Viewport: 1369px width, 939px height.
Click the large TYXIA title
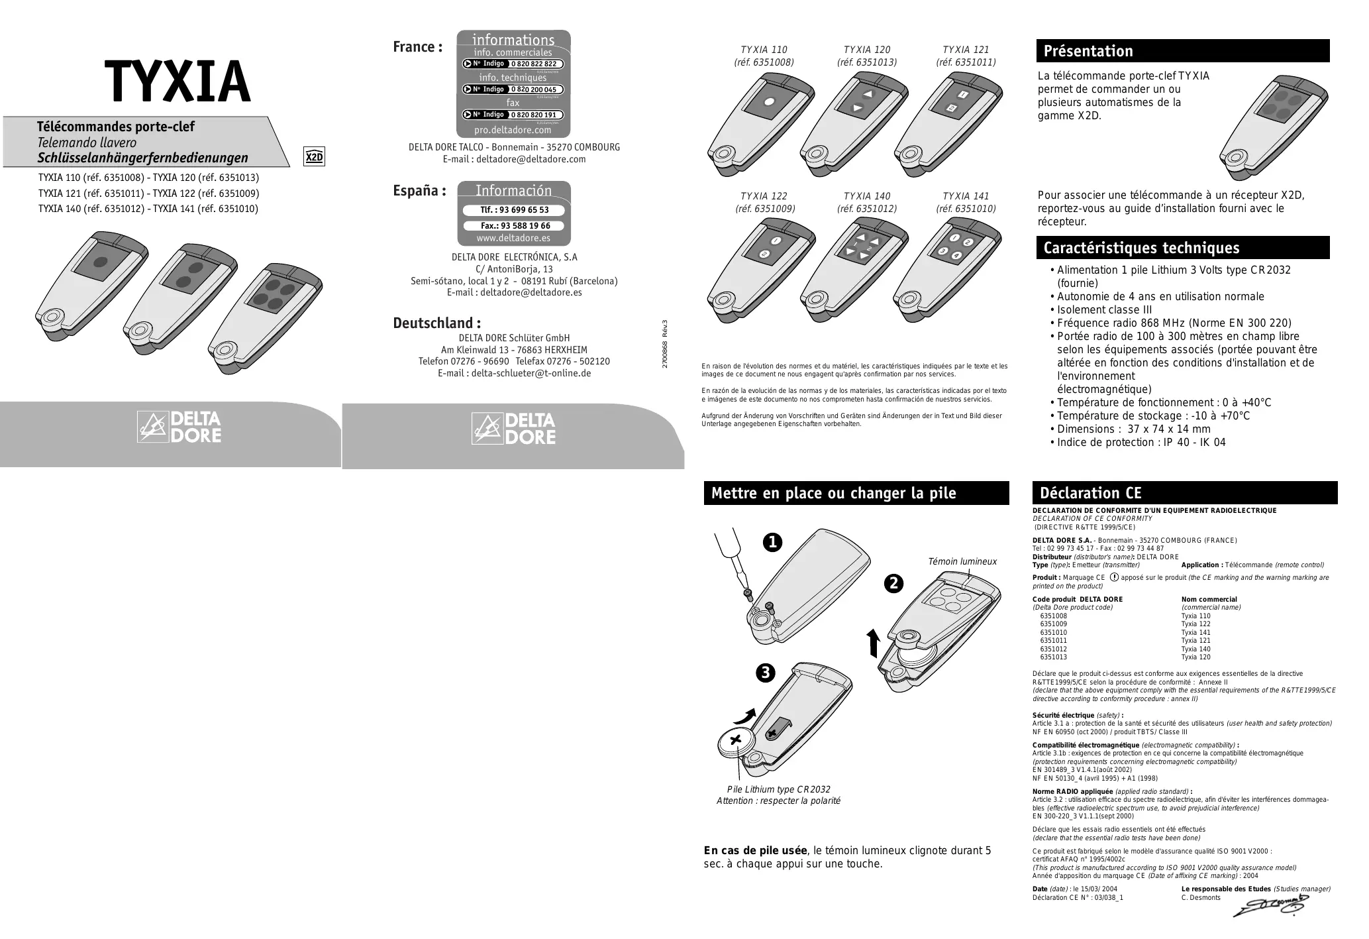coord(177,83)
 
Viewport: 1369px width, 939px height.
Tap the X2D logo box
coord(314,157)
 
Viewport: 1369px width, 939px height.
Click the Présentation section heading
coord(1088,51)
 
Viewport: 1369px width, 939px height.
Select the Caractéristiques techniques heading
coord(1141,248)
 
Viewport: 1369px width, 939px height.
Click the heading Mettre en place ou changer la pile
coord(833,493)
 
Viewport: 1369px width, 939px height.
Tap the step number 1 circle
coord(772,543)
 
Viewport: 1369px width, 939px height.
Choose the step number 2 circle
coord(893,583)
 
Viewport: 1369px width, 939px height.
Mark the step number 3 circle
coord(765,673)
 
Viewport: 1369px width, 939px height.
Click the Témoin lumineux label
coord(962,561)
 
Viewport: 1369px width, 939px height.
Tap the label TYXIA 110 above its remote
coord(764,50)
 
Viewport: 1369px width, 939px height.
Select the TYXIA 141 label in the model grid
coord(965,196)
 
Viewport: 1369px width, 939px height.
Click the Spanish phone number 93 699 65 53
coord(515,210)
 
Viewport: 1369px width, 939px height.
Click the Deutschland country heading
coord(436,323)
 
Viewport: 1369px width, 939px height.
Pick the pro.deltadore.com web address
coord(513,130)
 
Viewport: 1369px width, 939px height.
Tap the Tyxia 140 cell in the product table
coord(1195,649)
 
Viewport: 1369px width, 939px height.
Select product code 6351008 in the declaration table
coord(1053,616)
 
